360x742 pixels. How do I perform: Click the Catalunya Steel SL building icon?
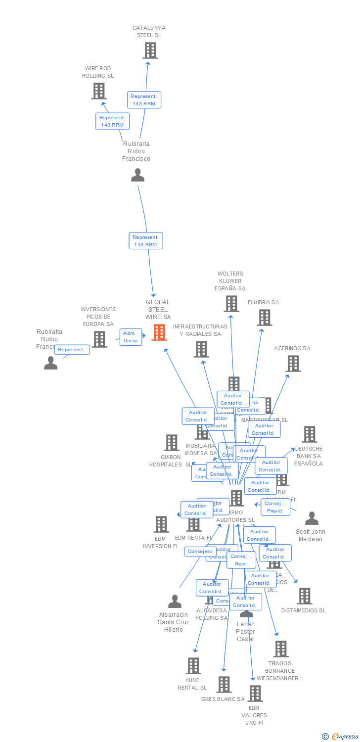click(150, 50)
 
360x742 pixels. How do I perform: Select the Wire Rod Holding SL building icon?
click(99, 91)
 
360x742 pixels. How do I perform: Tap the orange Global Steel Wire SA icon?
click(159, 332)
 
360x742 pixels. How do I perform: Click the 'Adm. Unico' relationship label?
click(131, 337)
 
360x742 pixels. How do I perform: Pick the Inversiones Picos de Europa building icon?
click(99, 339)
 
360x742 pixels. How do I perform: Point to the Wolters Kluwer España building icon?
click(231, 303)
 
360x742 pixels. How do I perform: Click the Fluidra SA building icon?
click(265, 318)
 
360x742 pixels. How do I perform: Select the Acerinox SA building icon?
click(293, 364)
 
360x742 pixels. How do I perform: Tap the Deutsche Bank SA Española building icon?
click(310, 434)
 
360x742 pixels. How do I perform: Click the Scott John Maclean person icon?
click(312, 518)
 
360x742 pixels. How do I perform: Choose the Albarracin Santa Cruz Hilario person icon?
click(175, 601)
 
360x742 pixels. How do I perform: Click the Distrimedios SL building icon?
click(305, 596)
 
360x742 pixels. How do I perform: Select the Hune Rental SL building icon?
click(193, 665)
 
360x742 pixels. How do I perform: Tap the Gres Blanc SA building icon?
click(224, 684)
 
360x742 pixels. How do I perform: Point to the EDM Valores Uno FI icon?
click(255, 693)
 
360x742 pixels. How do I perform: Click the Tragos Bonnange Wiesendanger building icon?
click(281, 649)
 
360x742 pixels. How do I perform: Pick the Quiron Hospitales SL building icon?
click(172, 442)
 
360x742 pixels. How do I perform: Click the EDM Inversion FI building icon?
click(161, 524)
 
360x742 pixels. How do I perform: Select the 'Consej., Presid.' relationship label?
click(275, 507)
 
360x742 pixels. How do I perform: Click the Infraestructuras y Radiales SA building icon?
click(201, 349)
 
